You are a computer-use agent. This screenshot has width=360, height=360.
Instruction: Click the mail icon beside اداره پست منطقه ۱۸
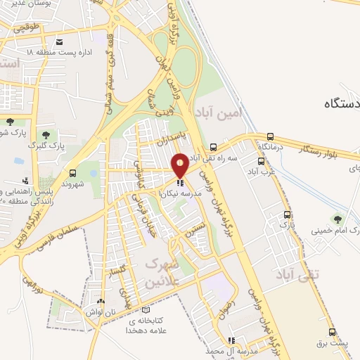point(59,42)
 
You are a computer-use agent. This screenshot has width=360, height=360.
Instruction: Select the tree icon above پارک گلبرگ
point(46,134)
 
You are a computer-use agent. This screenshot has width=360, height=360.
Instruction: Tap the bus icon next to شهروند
point(73,172)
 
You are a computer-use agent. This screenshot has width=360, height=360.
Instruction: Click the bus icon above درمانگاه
point(271,136)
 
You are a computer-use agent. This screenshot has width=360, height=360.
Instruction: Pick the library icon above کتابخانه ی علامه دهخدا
point(146,309)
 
